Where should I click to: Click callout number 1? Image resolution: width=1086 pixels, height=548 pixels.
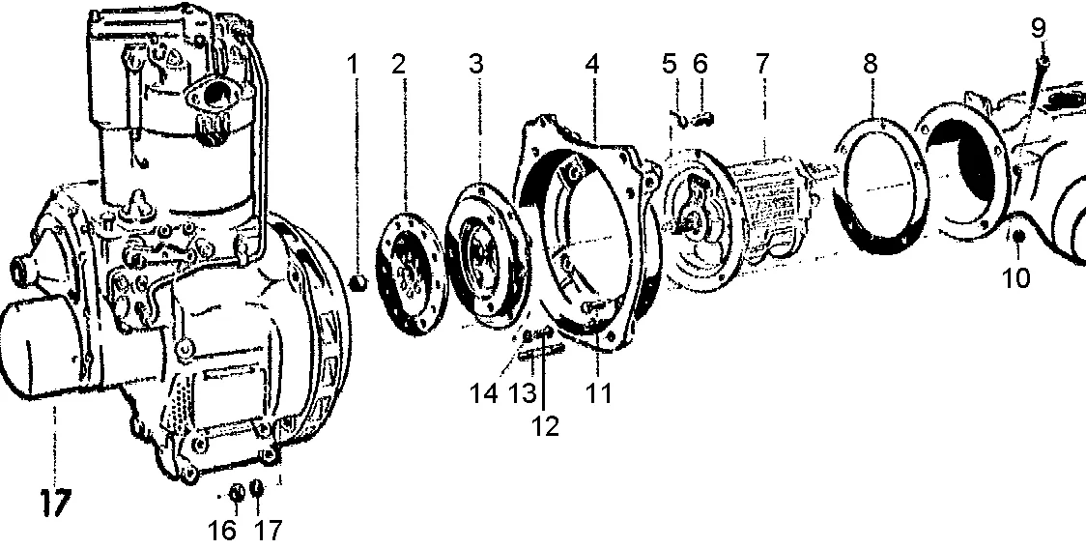pos(354,65)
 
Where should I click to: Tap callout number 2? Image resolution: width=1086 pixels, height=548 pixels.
pos(398,65)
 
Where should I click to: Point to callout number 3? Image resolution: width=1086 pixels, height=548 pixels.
pos(476,65)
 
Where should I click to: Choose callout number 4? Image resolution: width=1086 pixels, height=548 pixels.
pos(591,65)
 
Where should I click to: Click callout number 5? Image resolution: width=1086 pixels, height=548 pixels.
pos(670,65)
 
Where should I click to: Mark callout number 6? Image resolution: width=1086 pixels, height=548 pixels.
pos(700,65)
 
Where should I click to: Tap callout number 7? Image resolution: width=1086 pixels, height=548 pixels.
pos(762,65)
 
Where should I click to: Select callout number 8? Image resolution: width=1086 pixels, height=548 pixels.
pos(872,65)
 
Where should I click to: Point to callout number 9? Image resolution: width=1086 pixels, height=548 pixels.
pos(1038,28)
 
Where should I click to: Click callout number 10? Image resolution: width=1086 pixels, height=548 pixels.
pos(1015,278)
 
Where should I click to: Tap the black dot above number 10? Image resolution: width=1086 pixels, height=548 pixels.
pos(1016,237)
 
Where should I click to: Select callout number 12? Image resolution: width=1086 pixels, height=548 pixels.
pos(546,426)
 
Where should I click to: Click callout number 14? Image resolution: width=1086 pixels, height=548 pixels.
pos(484,393)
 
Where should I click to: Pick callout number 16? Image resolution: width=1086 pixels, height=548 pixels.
pos(223,531)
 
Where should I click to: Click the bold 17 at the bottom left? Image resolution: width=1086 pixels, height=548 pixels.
pos(56,505)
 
